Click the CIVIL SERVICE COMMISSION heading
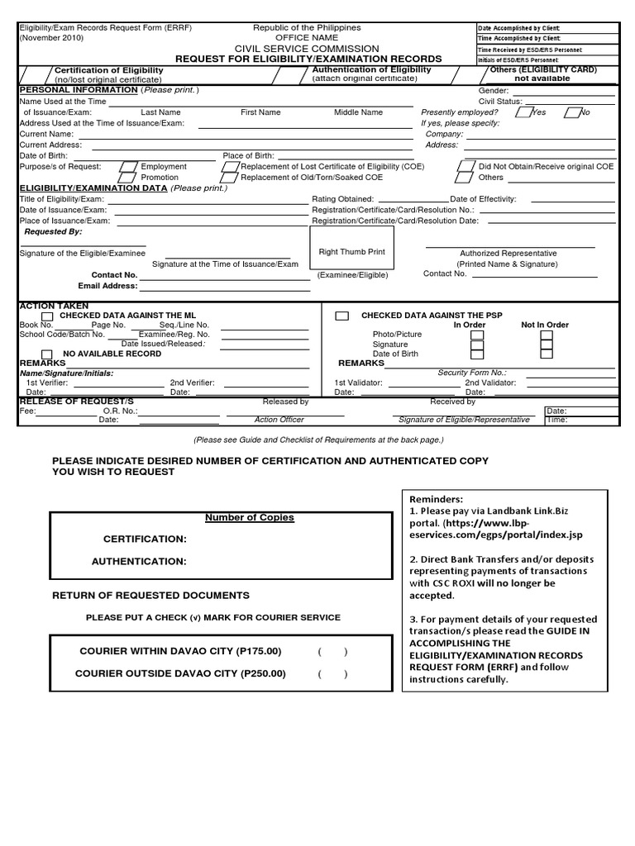point(307,49)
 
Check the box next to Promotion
point(127,178)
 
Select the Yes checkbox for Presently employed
point(523,112)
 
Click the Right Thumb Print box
point(351,253)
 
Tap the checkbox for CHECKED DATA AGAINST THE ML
point(47,316)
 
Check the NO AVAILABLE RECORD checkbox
point(47,354)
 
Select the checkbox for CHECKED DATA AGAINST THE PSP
point(341,316)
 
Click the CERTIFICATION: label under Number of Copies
point(145,539)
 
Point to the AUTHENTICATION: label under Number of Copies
point(138,562)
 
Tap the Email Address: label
point(107,286)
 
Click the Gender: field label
point(494,91)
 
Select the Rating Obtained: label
point(342,199)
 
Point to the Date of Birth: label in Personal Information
point(42,155)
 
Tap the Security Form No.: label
point(472,373)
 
